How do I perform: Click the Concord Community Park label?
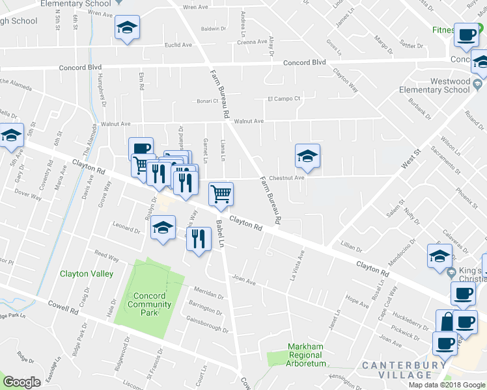(149, 304)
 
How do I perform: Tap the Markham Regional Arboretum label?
(305, 355)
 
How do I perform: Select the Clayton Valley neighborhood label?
(87, 274)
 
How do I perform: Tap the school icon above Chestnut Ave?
(307, 157)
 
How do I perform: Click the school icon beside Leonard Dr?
(163, 228)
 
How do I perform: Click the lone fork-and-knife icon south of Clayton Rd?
(199, 239)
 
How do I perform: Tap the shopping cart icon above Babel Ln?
(221, 194)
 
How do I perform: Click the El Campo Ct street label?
(283, 99)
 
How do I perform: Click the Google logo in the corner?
(22, 382)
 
